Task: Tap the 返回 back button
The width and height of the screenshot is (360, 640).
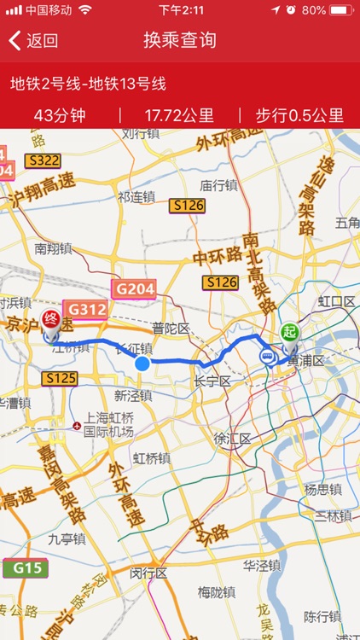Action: pyautogui.click(x=33, y=40)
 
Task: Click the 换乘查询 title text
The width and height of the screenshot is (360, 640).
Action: pyautogui.click(x=180, y=40)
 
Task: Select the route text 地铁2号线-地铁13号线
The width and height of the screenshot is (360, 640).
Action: pyautogui.click(x=88, y=84)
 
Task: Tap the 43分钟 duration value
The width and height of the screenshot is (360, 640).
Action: pyautogui.click(x=60, y=115)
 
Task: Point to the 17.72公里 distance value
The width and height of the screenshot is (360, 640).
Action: pyautogui.click(x=179, y=115)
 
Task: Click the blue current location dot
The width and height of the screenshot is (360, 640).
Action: pyautogui.click(x=142, y=364)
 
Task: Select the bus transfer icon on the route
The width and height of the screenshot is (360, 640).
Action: pyautogui.click(x=268, y=358)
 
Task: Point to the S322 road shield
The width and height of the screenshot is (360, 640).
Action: pyautogui.click(x=42, y=160)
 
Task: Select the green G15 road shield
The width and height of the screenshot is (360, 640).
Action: pyautogui.click(x=25, y=567)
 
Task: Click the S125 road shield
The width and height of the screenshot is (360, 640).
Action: pyautogui.click(x=61, y=377)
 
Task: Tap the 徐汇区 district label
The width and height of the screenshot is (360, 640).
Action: pyautogui.click(x=232, y=439)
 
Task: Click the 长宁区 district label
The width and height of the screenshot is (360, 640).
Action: pyautogui.click(x=212, y=381)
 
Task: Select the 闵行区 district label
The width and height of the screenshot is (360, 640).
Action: pyautogui.click(x=149, y=573)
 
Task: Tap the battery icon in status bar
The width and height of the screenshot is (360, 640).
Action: pyautogui.click(x=340, y=10)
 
